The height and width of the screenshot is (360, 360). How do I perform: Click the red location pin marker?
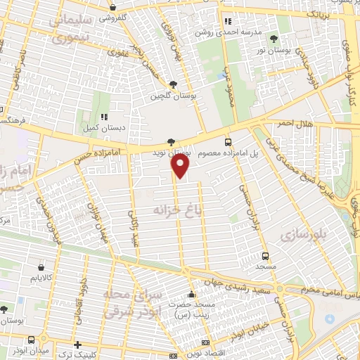tap(181, 166)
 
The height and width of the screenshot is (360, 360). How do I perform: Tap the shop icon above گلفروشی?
tap(112, 8)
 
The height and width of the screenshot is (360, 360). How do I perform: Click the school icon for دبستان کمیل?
tap(103, 117)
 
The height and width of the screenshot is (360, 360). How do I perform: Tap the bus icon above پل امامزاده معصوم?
tap(228, 141)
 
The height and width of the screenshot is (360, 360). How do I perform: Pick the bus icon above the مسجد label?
tap(266, 257)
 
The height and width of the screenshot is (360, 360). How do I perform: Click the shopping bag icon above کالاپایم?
tap(41, 268)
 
